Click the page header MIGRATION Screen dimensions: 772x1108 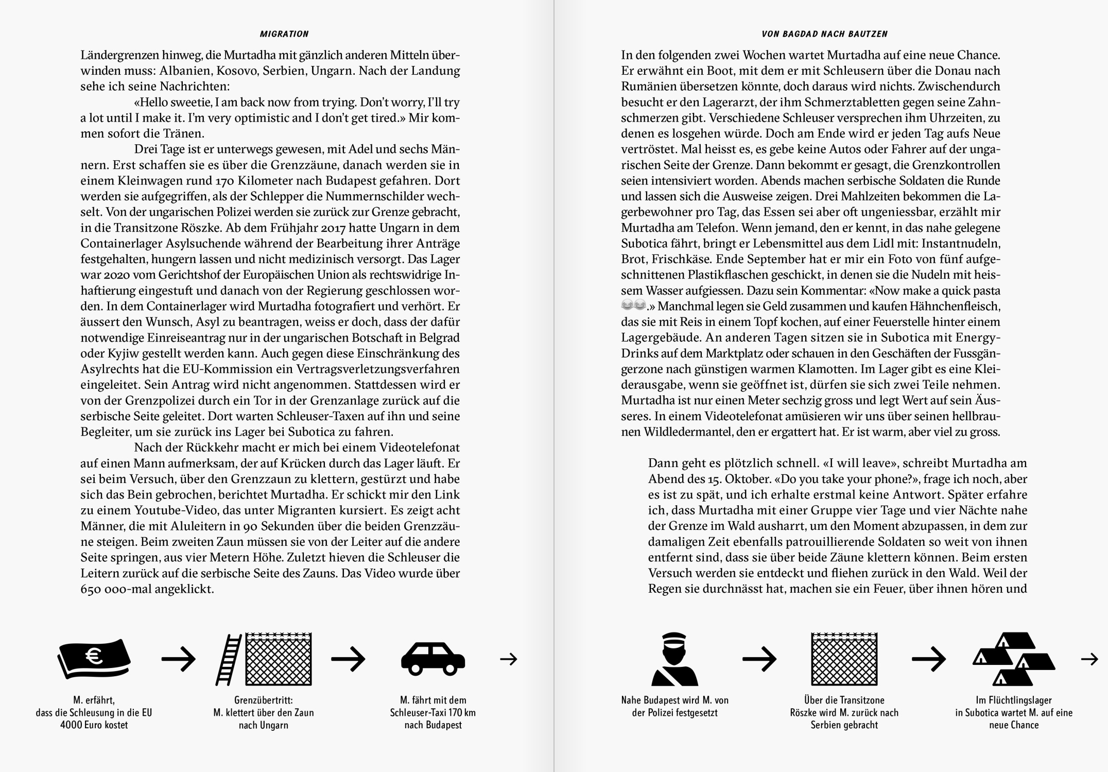(284, 34)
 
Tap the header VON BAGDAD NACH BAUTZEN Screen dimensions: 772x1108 (824, 34)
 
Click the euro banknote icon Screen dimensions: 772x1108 (94, 659)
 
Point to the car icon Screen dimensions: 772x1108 (432, 659)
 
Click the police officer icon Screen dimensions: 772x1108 (674, 660)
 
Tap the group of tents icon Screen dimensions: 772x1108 (1013, 660)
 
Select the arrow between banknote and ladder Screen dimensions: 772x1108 (178, 659)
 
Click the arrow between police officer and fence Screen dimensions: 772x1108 (759, 659)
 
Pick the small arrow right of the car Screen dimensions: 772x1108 (508, 659)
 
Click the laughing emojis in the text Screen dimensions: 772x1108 (633, 306)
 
